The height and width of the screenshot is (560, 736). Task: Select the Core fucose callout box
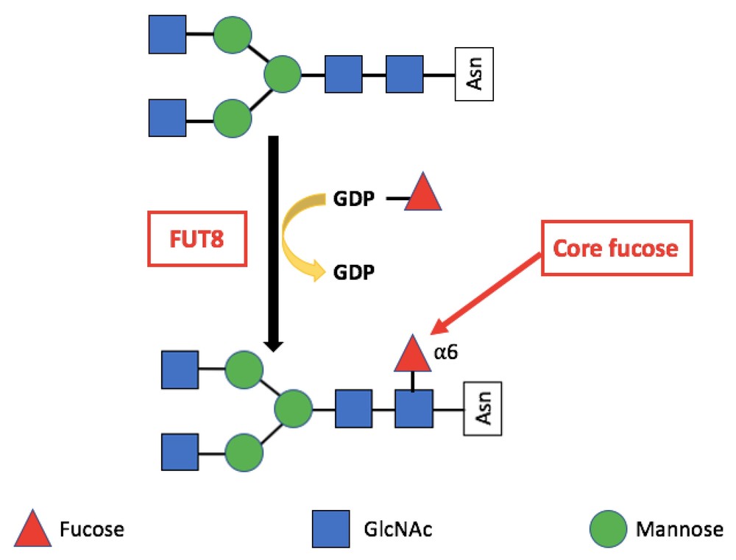pyautogui.click(x=616, y=249)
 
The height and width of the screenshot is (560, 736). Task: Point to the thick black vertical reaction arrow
pyautogui.click(x=273, y=243)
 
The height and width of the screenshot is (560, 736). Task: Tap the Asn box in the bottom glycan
pyautogui.click(x=482, y=409)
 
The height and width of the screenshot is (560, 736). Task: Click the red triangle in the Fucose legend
pyautogui.click(x=32, y=529)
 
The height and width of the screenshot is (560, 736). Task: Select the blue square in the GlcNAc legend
pyautogui.click(x=332, y=529)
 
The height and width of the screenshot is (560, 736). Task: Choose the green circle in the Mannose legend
pyautogui.click(x=609, y=529)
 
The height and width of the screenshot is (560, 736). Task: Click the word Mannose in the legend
pyautogui.click(x=678, y=529)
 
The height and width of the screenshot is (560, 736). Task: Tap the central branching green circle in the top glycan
pyautogui.click(x=283, y=75)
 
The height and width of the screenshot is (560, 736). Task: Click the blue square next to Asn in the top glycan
pyautogui.click(x=405, y=75)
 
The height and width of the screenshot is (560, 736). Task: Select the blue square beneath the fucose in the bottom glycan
pyautogui.click(x=413, y=409)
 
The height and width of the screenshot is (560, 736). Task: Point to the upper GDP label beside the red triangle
pyautogui.click(x=353, y=199)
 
